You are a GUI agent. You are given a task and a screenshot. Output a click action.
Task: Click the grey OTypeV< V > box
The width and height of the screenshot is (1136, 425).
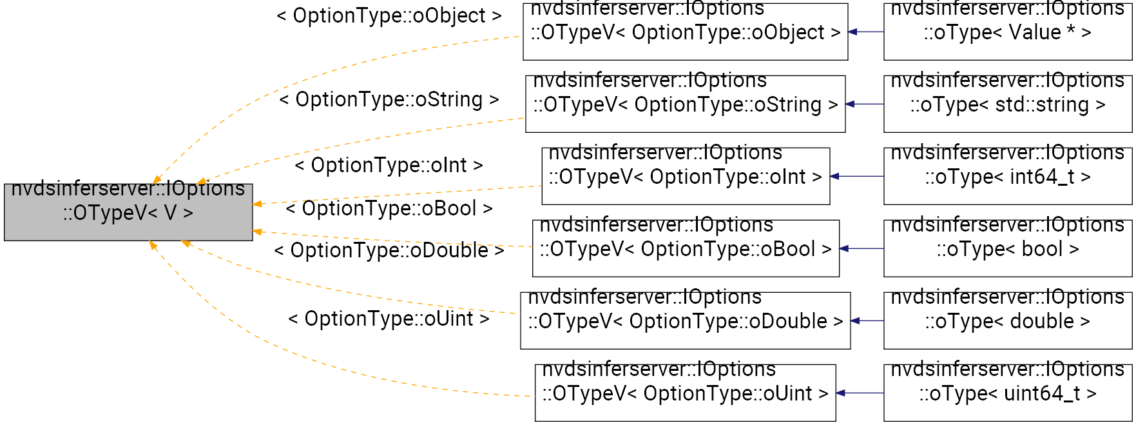click(x=128, y=212)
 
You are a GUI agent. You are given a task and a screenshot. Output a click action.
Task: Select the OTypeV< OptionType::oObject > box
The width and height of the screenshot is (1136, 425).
click(x=685, y=32)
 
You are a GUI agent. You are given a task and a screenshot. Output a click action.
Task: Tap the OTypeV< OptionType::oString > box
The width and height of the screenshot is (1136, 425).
click(x=685, y=104)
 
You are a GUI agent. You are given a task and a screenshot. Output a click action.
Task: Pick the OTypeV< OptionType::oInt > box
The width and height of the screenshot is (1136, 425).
click(x=685, y=176)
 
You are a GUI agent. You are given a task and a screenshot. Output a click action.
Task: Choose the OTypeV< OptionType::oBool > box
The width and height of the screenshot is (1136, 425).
click(x=685, y=248)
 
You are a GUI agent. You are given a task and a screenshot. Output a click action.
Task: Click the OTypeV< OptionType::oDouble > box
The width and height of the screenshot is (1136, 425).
click(x=685, y=321)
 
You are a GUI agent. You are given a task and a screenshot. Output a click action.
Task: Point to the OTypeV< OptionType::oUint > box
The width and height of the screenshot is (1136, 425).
click(x=685, y=393)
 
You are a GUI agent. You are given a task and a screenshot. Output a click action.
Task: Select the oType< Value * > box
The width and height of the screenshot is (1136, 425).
click(x=1007, y=32)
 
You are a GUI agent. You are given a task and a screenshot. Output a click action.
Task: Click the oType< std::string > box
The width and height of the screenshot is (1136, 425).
click(x=1007, y=104)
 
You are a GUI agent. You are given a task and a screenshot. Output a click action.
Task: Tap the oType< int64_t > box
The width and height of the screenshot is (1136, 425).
click(x=1007, y=176)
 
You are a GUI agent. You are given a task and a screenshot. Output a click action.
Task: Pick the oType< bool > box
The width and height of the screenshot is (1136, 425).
click(x=1007, y=248)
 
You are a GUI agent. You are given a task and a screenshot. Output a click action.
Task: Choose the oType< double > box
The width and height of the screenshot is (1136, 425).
click(x=1007, y=321)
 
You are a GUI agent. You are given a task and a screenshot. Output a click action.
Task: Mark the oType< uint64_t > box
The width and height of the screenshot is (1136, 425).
click(x=1007, y=393)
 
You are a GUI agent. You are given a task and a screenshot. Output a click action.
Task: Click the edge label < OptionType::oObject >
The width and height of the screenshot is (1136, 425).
click(x=389, y=15)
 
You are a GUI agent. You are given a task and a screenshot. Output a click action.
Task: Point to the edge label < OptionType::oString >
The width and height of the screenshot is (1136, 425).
click(x=389, y=99)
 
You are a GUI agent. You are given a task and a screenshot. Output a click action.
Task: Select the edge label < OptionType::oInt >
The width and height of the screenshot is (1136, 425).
click(x=389, y=165)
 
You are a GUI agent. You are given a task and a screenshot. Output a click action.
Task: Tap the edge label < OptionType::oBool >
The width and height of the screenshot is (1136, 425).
click(x=389, y=208)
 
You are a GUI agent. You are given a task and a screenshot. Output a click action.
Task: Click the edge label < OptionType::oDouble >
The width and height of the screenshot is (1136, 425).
click(x=389, y=250)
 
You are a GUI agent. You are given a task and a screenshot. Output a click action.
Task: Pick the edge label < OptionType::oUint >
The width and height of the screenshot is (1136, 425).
click(x=389, y=319)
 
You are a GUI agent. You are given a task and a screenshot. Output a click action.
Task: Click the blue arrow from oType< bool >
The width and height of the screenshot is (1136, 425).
click(x=862, y=248)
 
